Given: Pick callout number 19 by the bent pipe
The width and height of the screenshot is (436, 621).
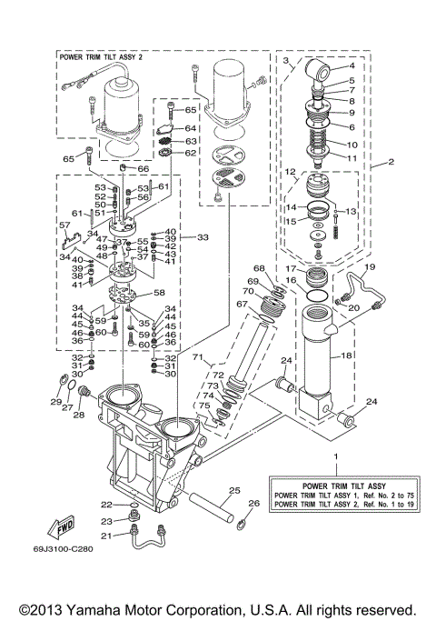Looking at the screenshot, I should click(x=371, y=267).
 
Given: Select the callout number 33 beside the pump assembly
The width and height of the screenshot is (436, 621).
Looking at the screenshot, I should click(x=202, y=237).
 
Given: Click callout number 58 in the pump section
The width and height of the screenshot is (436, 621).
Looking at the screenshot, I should click(x=159, y=294).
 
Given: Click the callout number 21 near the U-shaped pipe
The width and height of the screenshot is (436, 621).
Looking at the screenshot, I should click(x=107, y=536).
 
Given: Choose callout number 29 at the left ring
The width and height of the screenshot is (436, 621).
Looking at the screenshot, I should click(x=55, y=401).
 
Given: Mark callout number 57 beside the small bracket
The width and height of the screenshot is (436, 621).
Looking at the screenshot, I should click(x=64, y=225).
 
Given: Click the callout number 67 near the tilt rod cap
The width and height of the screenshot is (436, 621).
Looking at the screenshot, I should click(x=242, y=304).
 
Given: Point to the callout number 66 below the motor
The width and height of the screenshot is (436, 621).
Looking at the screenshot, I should click(x=144, y=169).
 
